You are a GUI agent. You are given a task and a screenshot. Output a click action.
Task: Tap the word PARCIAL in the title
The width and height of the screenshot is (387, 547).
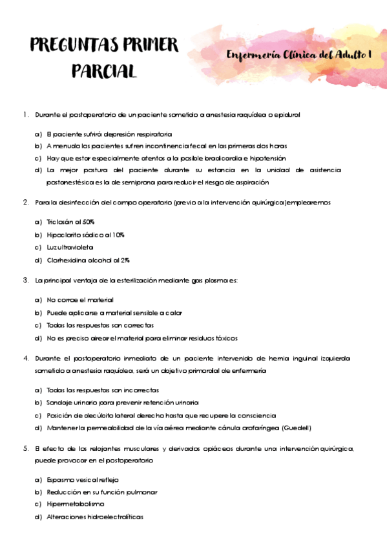pos(104,70)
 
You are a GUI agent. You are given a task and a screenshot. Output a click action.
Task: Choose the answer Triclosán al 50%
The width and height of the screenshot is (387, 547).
pos(70,221)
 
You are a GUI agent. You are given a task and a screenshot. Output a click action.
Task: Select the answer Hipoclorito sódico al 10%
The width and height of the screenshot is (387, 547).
pos(85,234)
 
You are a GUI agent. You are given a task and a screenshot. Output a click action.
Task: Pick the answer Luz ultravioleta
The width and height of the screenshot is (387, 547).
pos(70,247)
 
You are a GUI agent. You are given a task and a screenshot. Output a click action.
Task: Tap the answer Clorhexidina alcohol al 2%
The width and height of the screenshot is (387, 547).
pos(88,260)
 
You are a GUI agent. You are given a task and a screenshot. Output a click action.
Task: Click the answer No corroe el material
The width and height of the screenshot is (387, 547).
pos(80,300)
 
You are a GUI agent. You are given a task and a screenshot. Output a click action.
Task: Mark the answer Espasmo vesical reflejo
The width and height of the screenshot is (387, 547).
pos(83,480)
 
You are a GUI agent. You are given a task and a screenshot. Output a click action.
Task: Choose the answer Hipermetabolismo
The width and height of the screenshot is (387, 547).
pos(75,504)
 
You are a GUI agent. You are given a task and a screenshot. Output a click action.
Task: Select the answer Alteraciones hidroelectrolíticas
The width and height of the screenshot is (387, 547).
pos(94,517)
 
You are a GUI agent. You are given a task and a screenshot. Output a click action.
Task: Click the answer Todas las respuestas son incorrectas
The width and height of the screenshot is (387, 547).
pos(103,390)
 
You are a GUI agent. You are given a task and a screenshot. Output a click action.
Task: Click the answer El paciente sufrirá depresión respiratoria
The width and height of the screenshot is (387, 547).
pos(109,134)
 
